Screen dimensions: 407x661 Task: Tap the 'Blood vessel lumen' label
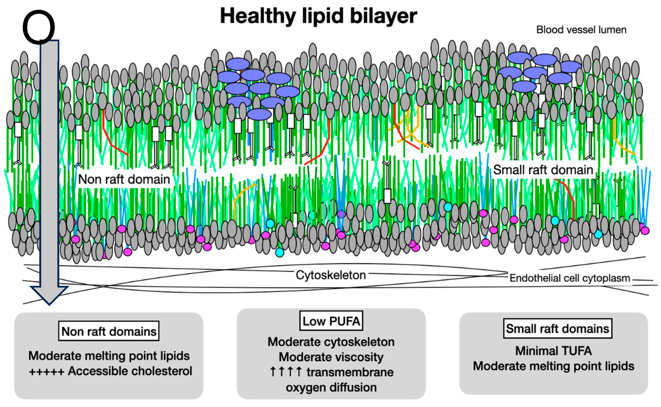tap(581, 30)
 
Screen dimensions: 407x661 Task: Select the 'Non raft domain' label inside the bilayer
tap(124, 179)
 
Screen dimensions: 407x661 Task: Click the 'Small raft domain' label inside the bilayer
tap(543, 170)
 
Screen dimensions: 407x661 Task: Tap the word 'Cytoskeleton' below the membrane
tap(331, 275)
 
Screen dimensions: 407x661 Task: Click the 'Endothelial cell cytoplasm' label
tap(570, 278)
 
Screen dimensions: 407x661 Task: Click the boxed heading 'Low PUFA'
tap(331, 321)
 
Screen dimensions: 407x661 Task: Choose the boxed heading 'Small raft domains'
tap(558, 329)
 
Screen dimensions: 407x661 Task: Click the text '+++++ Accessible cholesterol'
tap(110, 371)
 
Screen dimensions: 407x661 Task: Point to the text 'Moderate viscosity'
tap(331, 357)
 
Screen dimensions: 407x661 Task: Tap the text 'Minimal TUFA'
tap(554, 351)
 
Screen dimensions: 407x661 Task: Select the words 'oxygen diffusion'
tap(331, 388)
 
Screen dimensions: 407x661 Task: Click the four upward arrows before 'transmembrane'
tap(285, 372)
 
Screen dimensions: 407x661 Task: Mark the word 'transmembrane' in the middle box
tap(350, 372)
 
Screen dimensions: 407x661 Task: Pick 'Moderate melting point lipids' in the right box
tap(554, 366)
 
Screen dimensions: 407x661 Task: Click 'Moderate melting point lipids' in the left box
tap(109, 356)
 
